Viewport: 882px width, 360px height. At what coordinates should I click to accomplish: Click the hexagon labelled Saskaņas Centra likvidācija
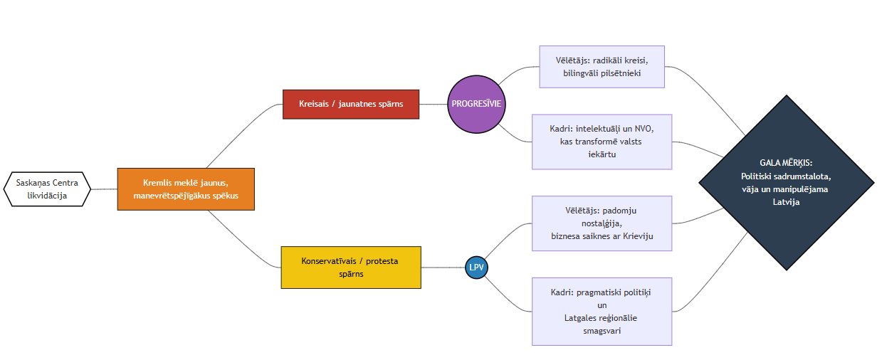[x=47, y=189]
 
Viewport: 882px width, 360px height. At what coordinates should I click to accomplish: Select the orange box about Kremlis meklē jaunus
[x=186, y=189]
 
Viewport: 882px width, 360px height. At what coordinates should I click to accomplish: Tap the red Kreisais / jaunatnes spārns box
[x=351, y=105]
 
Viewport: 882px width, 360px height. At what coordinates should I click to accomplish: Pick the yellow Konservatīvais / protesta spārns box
[x=351, y=268]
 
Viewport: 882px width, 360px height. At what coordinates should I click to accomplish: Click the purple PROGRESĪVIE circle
[x=476, y=105]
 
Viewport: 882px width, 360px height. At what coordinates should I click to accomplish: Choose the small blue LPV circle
[x=476, y=268]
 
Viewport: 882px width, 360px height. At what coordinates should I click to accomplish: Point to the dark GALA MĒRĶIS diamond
[x=787, y=183]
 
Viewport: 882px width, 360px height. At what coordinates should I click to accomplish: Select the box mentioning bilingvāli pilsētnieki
[x=602, y=67]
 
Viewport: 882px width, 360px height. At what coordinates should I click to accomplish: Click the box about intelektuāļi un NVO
[x=602, y=142]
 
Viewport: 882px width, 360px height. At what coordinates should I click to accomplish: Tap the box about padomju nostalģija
[x=602, y=223]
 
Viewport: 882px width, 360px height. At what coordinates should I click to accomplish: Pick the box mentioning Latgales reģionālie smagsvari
[x=602, y=312]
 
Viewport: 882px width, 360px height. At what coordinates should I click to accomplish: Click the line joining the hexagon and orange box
[x=104, y=189]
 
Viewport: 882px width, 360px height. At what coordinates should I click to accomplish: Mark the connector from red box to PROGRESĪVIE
[x=433, y=105]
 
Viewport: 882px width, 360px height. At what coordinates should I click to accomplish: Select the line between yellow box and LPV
[x=443, y=268]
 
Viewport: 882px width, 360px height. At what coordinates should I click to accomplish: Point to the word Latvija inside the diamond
[x=786, y=202]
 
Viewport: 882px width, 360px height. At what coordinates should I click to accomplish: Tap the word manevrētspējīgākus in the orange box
[x=172, y=196]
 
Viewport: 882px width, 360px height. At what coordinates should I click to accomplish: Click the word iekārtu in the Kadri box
[x=602, y=154]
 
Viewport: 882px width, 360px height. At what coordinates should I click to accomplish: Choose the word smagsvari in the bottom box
[x=602, y=331]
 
